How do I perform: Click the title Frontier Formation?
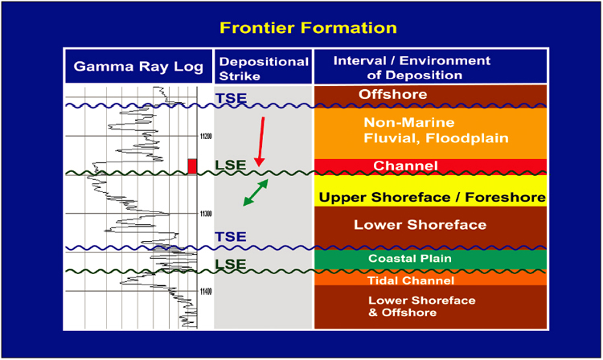308,27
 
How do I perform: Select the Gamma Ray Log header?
138,67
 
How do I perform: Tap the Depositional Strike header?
264,68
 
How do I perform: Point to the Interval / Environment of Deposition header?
412,67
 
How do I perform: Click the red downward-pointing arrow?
261,141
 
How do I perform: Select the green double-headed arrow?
256,193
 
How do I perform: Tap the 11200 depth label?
206,137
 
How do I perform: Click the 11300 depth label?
206,214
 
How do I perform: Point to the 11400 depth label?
206,292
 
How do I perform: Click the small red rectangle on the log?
192,166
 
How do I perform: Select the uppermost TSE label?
231,98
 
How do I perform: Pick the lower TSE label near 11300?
231,237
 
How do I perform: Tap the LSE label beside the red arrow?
231,165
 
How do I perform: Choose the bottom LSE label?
231,264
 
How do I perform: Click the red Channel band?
430,166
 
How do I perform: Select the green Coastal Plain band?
430,260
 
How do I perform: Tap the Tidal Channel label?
411,280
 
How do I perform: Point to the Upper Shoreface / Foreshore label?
433,197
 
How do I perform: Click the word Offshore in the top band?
392,94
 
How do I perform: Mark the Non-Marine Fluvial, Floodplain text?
436,130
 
